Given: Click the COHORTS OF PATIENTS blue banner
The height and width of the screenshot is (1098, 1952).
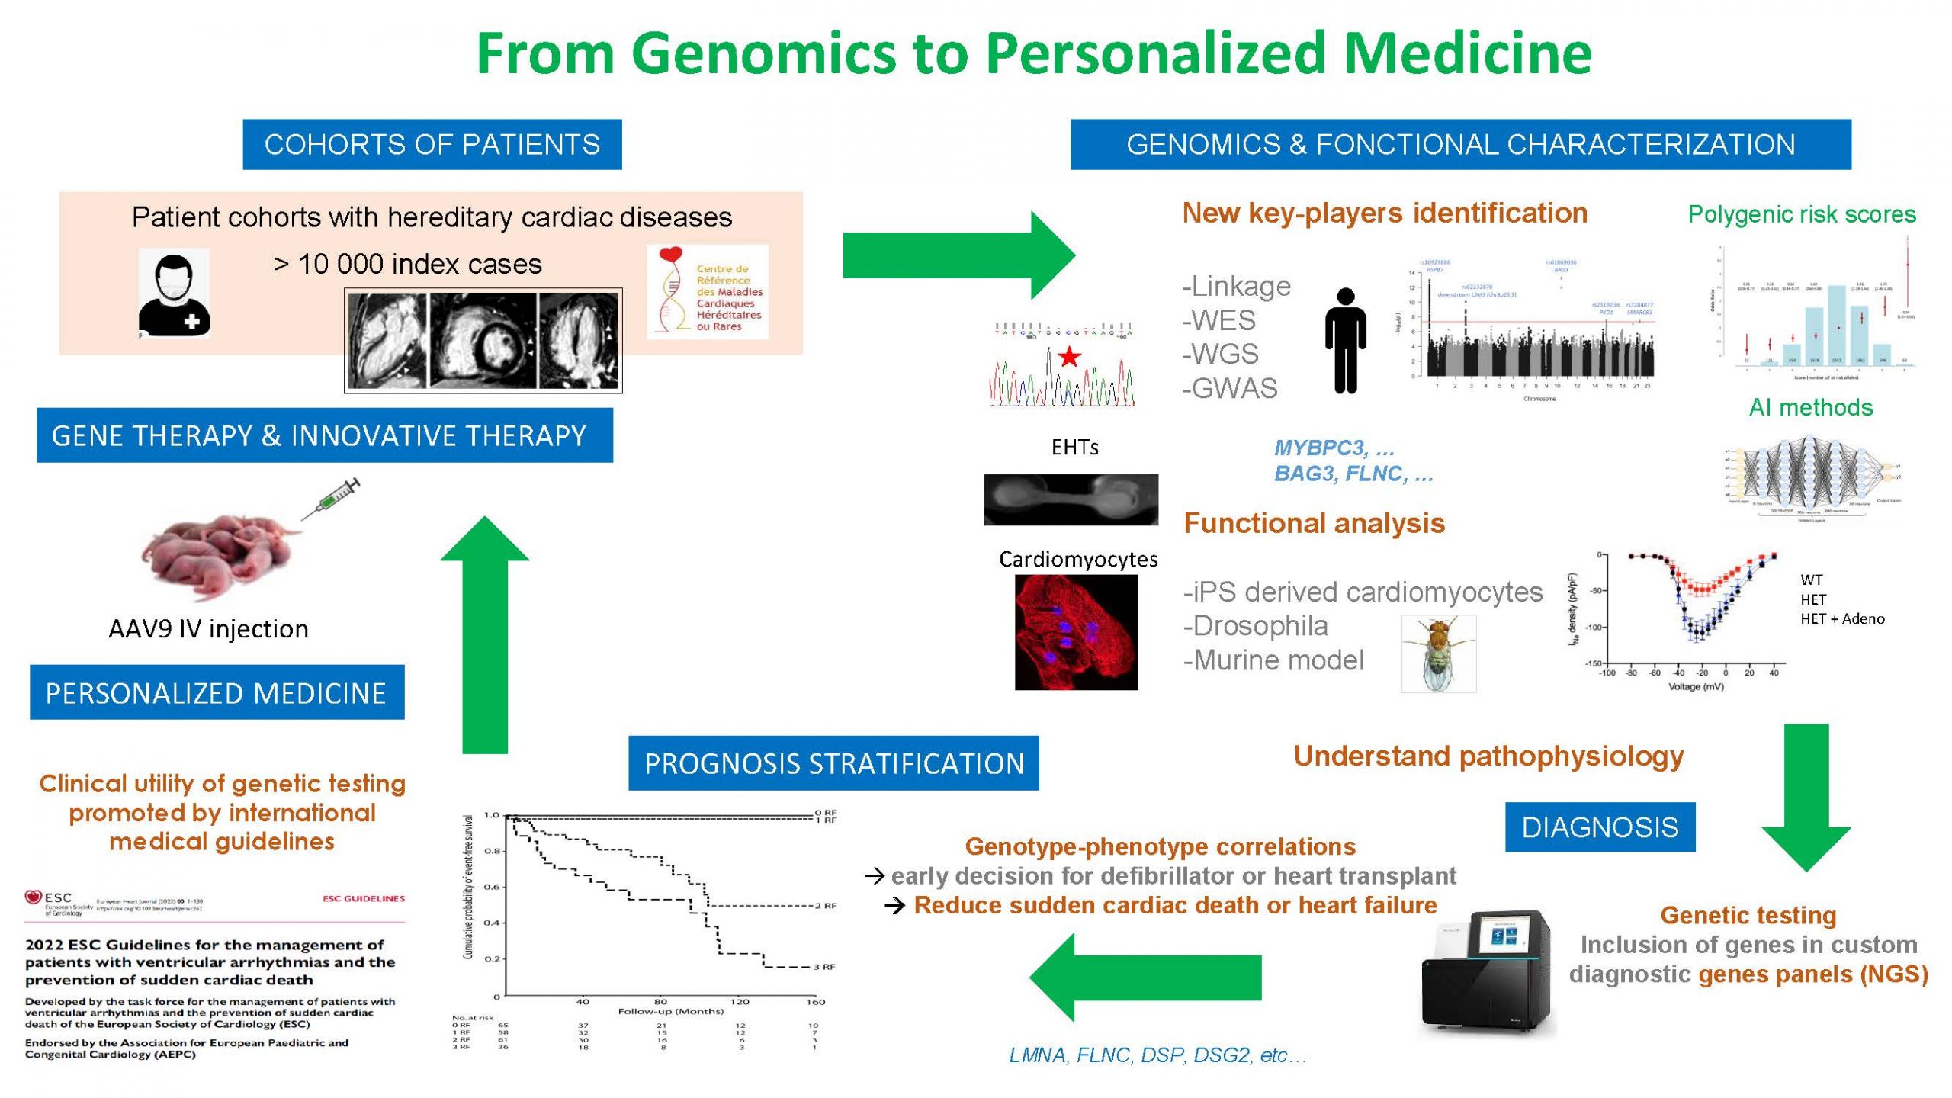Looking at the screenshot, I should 432,144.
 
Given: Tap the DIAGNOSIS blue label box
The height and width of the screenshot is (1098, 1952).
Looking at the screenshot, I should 1600,827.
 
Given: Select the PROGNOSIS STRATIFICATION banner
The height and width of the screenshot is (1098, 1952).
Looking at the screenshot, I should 833,763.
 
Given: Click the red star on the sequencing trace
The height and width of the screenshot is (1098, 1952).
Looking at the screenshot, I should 1069,356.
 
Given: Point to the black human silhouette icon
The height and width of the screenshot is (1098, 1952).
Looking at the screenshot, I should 1346,340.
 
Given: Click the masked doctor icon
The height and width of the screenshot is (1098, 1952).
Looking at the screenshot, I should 174,294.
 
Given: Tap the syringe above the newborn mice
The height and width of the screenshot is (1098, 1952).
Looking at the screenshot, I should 332,499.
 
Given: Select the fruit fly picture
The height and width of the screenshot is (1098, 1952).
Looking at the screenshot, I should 1438,654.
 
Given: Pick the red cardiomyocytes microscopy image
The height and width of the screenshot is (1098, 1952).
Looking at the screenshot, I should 1076,632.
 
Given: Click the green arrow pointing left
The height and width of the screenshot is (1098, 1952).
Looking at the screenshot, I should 1144,978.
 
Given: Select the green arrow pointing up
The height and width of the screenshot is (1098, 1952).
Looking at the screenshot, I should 485,634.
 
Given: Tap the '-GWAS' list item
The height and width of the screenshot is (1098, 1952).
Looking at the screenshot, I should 1229,389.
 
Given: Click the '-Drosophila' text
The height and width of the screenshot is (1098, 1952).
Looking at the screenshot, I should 1255,626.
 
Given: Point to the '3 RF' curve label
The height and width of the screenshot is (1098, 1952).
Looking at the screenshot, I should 824,967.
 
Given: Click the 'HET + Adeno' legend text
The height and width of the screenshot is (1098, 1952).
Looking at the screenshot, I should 1842,619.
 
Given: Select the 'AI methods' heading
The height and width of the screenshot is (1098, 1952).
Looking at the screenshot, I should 1811,407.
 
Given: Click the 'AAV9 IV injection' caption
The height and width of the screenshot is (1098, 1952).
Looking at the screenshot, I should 208,629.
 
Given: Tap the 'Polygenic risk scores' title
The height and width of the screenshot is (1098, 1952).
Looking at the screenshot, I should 1802,214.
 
